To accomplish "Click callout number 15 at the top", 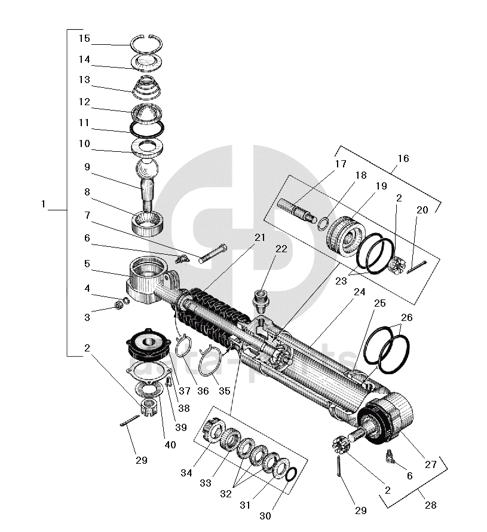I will click(84, 39).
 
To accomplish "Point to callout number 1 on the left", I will click(44, 204).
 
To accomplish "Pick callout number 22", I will click(281, 249).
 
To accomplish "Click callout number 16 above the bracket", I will click(403, 158).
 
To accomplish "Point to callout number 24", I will click(359, 293).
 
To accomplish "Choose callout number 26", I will click(406, 317).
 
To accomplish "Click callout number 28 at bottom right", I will click(430, 506).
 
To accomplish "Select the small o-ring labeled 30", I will click(290, 475).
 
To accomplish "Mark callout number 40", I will click(170, 445).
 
